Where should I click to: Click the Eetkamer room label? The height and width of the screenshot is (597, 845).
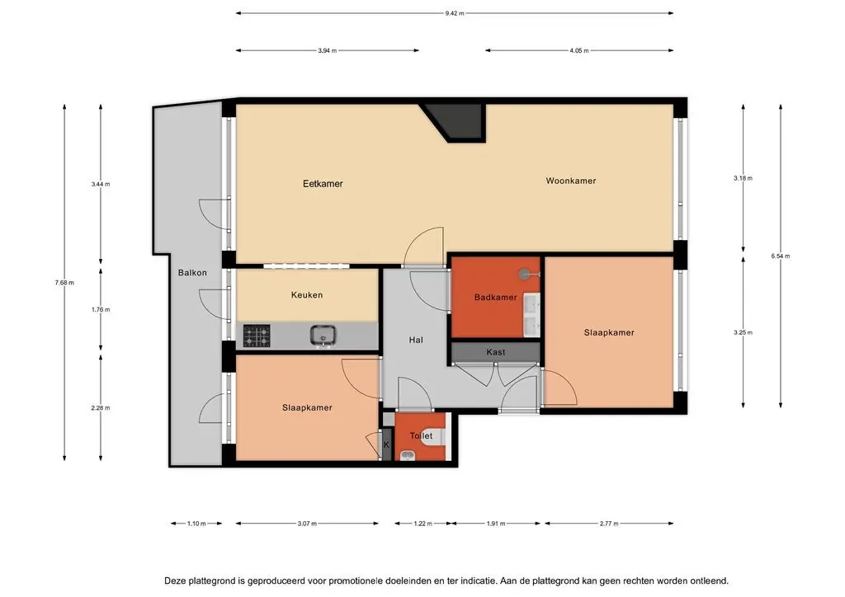point(323,184)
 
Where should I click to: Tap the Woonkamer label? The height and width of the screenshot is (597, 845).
point(571,181)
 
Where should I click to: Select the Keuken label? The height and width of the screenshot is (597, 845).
point(307,295)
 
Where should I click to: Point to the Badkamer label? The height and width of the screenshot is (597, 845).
point(495,297)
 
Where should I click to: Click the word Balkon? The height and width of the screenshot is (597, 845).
point(192,273)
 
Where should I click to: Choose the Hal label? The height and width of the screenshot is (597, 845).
point(416,340)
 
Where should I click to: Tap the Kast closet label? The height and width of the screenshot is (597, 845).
point(496,352)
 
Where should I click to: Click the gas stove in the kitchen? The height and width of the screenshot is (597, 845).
point(257,336)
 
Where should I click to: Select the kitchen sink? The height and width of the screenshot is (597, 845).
point(323,336)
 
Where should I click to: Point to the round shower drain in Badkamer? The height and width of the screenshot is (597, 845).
point(524,274)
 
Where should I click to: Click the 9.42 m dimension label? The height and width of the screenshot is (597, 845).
point(455,13)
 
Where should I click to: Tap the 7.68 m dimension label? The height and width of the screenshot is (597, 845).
point(64,283)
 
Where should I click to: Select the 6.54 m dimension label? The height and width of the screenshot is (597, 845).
point(781,256)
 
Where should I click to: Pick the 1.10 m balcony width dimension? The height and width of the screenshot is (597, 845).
point(196,524)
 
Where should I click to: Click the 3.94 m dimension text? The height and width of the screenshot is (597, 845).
point(327,50)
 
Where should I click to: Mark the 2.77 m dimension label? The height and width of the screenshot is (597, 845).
point(609,524)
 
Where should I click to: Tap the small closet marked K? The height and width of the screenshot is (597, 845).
point(386,444)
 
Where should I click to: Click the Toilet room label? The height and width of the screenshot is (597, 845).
point(421,436)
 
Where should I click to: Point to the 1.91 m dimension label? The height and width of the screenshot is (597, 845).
point(496,524)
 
